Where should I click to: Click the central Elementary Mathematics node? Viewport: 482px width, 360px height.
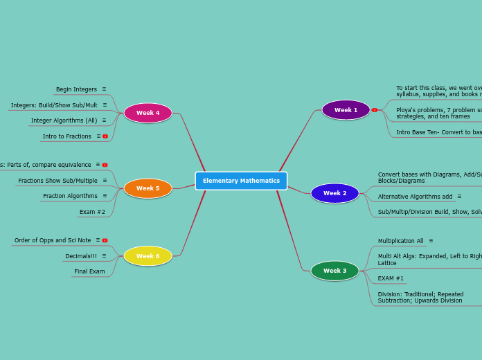pos(241,181)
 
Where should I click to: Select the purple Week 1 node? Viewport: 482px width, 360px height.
pos(346,110)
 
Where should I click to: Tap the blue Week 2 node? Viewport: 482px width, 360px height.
pos(334,193)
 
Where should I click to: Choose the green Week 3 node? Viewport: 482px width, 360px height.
pos(334,271)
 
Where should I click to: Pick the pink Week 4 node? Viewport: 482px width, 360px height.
pos(148,113)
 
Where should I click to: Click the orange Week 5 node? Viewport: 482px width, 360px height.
pos(148,188)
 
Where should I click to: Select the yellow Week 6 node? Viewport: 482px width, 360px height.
pos(148,256)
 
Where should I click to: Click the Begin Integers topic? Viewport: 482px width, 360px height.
pos(76,89)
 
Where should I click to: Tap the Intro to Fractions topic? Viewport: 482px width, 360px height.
pos(66,136)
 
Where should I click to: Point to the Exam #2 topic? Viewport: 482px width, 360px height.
pos(92,212)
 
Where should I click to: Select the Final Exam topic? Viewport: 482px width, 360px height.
pos(89,271)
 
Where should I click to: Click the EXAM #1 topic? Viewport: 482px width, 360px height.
pos(391,278)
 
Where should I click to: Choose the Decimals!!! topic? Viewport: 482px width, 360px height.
pos(80,256)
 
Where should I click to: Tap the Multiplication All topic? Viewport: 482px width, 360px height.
pos(400,241)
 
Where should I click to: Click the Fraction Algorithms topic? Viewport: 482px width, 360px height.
pos(70,196)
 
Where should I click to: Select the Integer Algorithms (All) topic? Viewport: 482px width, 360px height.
pos(64,120)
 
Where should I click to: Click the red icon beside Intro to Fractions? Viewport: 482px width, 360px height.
pos(105,136)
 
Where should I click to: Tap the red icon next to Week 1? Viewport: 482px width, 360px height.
pos(375,110)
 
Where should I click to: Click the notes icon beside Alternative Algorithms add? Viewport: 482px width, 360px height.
pos(459,197)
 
